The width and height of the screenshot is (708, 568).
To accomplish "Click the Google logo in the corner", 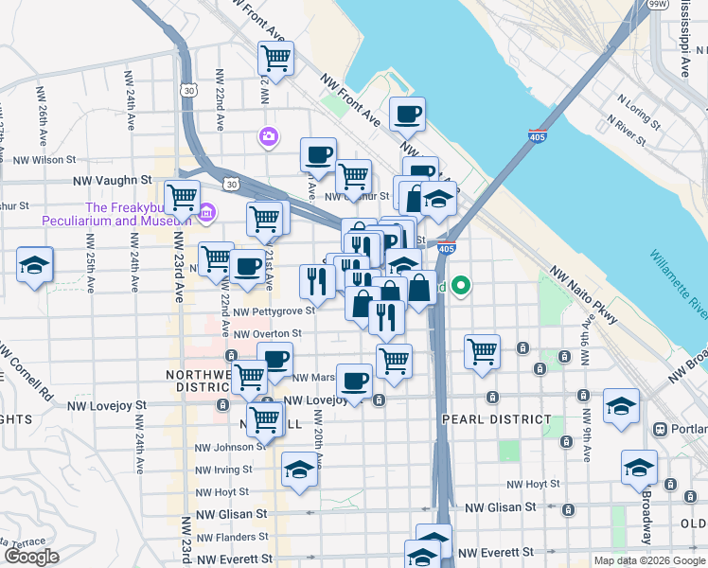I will (x=31, y=557).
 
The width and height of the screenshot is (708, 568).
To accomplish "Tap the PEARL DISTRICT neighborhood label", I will (x=496, y=418).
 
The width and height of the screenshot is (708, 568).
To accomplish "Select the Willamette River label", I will (x=677, y=285).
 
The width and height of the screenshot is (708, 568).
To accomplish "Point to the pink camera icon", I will (x=269, y=138).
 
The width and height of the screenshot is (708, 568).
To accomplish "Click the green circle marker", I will (x=461, y=284).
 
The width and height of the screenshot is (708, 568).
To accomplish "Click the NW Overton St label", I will (x=267, y=333).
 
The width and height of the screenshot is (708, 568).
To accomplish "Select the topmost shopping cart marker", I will (x=275, y=58).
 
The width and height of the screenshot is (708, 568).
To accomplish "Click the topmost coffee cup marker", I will (x=407, y=114).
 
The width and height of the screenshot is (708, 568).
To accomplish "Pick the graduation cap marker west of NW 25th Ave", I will (x=35, y=265).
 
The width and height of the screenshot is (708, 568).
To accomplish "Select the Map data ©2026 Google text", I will (x=649, y=560).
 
